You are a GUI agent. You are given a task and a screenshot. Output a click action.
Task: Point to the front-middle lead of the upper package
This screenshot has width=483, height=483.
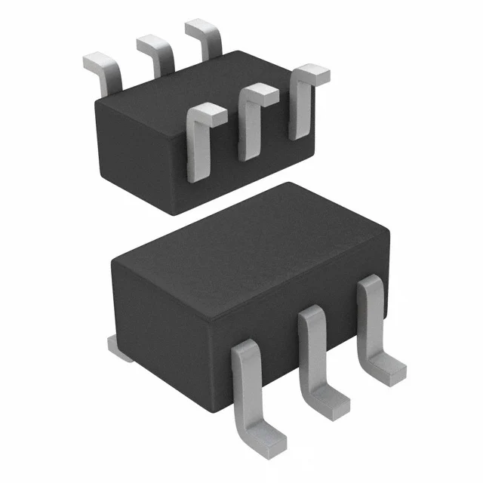click(250, 125)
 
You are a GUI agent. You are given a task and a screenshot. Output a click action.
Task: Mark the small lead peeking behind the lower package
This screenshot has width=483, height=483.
click(117, 346)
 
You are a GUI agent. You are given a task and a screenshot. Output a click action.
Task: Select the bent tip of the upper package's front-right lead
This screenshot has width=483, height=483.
click(311, 74)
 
